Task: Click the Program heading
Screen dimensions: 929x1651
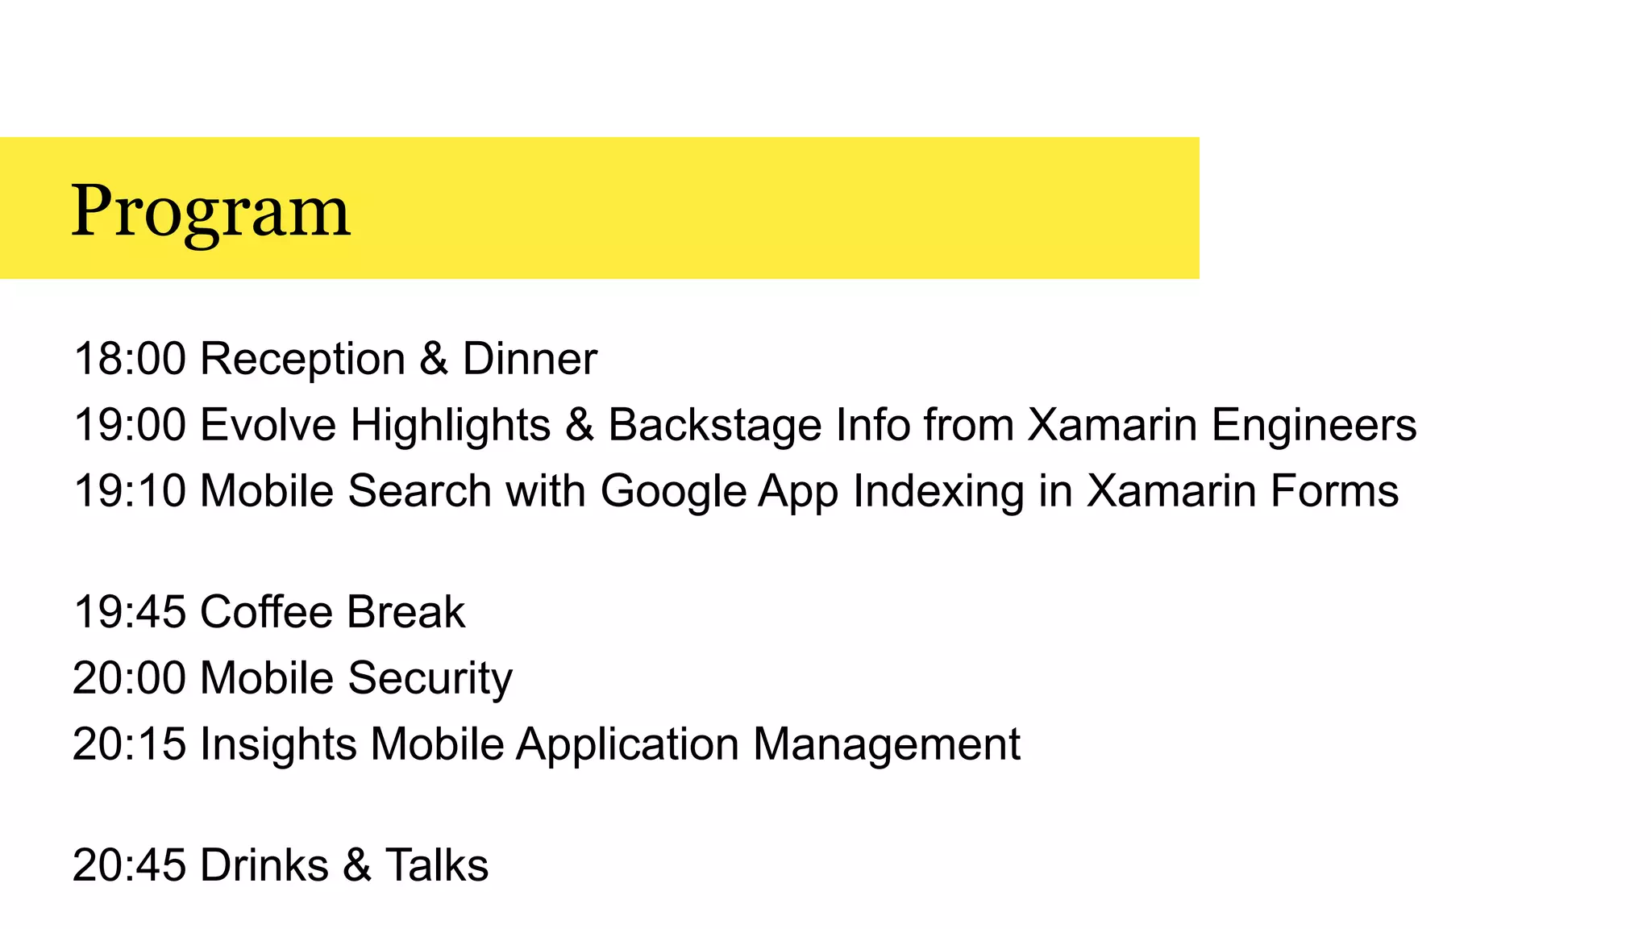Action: point(211,210)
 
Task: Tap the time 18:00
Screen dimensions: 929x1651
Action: point(130,359)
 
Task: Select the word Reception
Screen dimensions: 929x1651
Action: point(302,359)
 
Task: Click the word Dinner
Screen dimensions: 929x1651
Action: point(530,359)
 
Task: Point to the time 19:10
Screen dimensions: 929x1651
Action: point(130,491)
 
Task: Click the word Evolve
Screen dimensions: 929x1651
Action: point(268,425)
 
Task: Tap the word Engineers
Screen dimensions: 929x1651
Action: point(1314,425)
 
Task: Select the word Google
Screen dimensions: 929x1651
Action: point(673,491)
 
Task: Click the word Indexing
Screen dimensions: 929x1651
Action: point(938,491)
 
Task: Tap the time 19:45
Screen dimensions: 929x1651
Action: point(130,612)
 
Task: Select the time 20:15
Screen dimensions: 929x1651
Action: point(130,744)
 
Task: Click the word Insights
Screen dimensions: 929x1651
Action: point(278,744)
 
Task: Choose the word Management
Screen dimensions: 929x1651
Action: point(887,744)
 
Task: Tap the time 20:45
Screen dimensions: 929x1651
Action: point(130,866)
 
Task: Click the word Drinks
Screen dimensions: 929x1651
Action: point(264,866)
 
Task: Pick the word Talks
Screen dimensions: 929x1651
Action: point(437,866)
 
